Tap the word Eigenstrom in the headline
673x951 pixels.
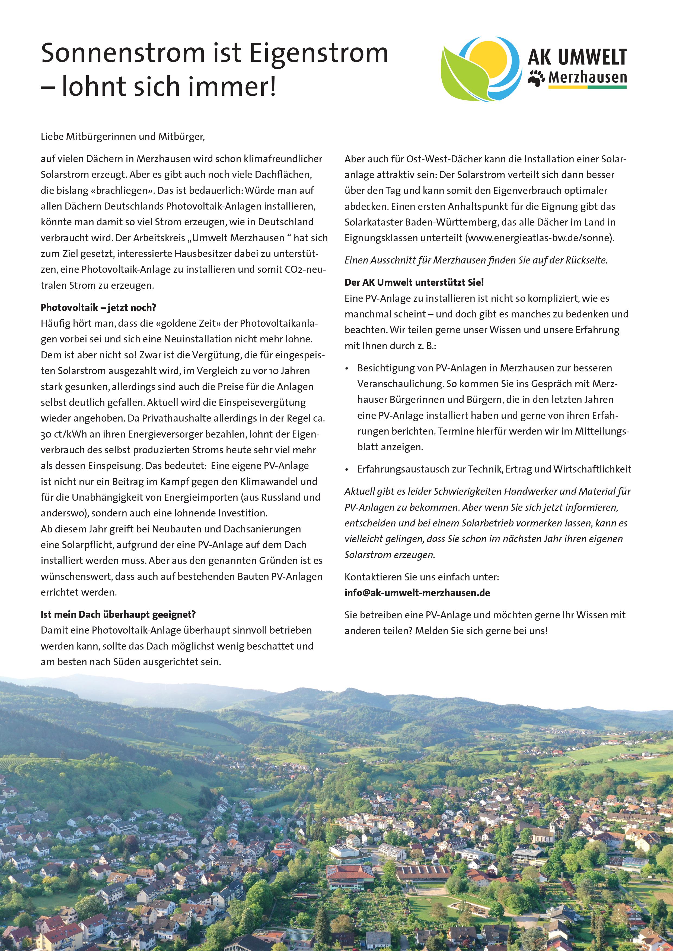(x=319, y=54)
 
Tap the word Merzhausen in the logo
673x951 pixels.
(x=587, y=78)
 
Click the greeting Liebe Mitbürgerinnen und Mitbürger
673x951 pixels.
(x=123, y=137)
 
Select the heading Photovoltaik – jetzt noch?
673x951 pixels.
(x=98, y=307)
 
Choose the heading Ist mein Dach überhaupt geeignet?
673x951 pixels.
(x=118, y=614)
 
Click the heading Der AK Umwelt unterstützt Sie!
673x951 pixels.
(x=414, y=282)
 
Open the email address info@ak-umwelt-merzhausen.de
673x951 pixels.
(x=417, y=593)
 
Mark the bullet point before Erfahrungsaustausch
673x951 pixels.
(x=347, y=470)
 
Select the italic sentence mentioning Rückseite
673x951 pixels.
(x=476, y=260)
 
